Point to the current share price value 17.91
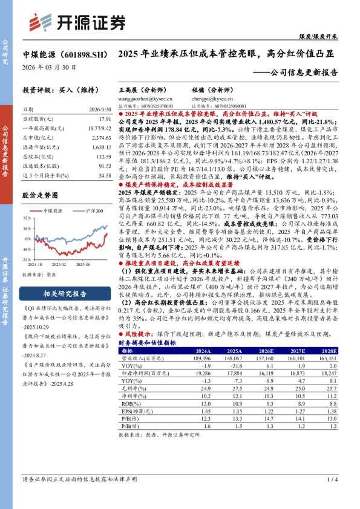[x=104, y=120]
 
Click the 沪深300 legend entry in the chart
[x=91, y=210]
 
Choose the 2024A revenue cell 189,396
[x=197, y=358]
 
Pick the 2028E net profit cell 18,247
[x=324, y=374]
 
